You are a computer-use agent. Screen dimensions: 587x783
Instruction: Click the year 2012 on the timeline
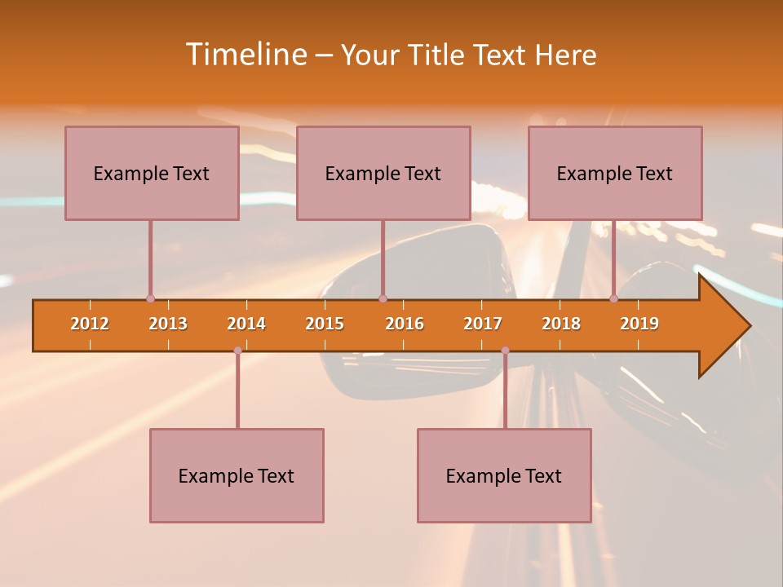click(x=90, y=324)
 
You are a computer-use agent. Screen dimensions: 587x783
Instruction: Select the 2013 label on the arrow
click(x=168, y=324)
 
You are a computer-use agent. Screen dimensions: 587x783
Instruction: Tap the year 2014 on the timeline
click(x=246, y=324)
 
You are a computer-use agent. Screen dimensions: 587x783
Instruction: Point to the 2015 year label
click(x=325, y=324)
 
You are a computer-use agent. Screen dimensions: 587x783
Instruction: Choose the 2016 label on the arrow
click(x=405, y=324)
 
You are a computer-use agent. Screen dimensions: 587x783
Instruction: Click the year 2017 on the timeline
click(x=483, y=324)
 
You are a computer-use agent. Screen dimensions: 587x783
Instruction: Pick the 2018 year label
click(x=561, y=324)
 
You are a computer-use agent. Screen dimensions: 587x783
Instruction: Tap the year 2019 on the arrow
click(x=639, y=324)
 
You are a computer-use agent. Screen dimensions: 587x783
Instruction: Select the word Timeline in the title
click(x=245, y=55)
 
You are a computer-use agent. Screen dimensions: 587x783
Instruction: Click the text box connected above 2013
click(x=152, y=173)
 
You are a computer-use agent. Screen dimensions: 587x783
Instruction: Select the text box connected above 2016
click(x=383, y=173)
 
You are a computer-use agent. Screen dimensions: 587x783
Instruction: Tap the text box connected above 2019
click(x=615, y=173)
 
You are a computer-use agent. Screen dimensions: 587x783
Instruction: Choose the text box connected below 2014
click(x=237, y=475)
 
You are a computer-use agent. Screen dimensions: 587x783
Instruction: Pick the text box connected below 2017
click(x=504, y=475)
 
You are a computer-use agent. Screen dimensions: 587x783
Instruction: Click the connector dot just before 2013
click(x=150, y=298)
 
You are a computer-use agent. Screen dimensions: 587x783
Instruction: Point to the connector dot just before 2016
click(x=383, y=298)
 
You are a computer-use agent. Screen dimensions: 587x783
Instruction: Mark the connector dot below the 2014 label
click(x=237, y=351)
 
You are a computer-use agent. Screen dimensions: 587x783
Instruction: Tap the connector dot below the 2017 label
click(x=505, y=351)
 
